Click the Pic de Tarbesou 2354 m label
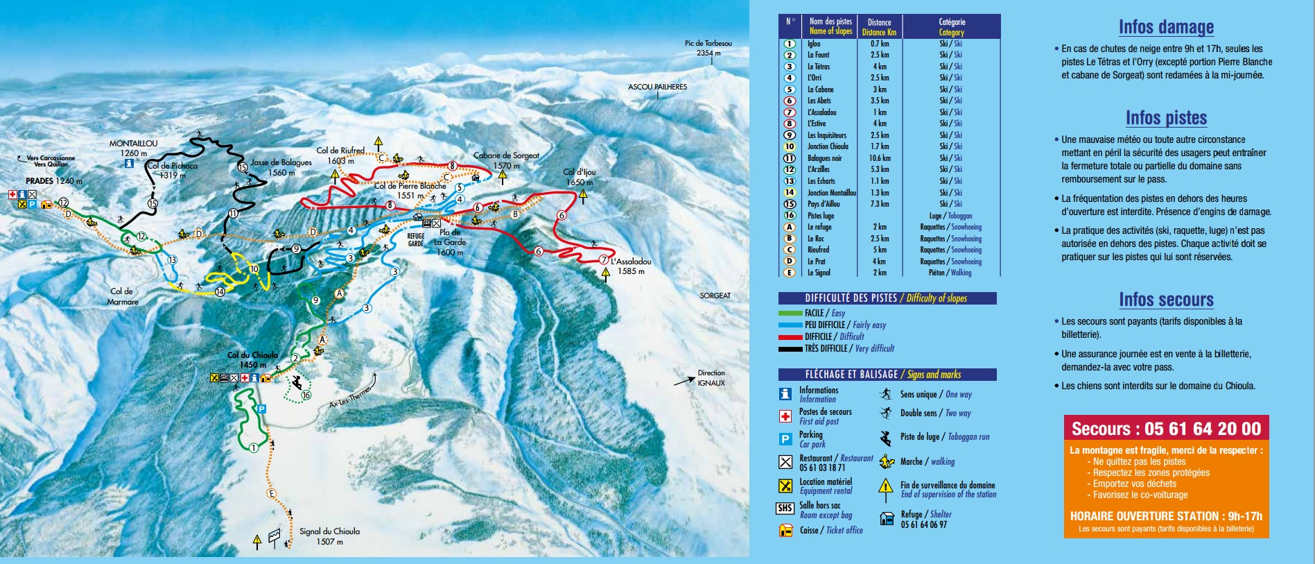708,48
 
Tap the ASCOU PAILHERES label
657,87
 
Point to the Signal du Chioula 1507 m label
329,536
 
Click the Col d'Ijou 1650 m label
579,177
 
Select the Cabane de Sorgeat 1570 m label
506,160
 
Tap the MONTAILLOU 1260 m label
133,148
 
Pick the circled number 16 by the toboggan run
306,395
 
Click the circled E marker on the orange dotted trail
271,493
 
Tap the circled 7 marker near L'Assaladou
603,260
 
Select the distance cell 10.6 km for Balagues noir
879,158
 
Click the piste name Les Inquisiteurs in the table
826,135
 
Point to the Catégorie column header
951,27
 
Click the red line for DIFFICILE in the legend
790,337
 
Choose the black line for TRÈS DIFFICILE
790,349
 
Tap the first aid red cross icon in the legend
785,416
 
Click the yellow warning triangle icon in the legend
886,486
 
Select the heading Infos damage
1166,27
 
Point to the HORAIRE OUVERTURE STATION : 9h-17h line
1166,516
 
